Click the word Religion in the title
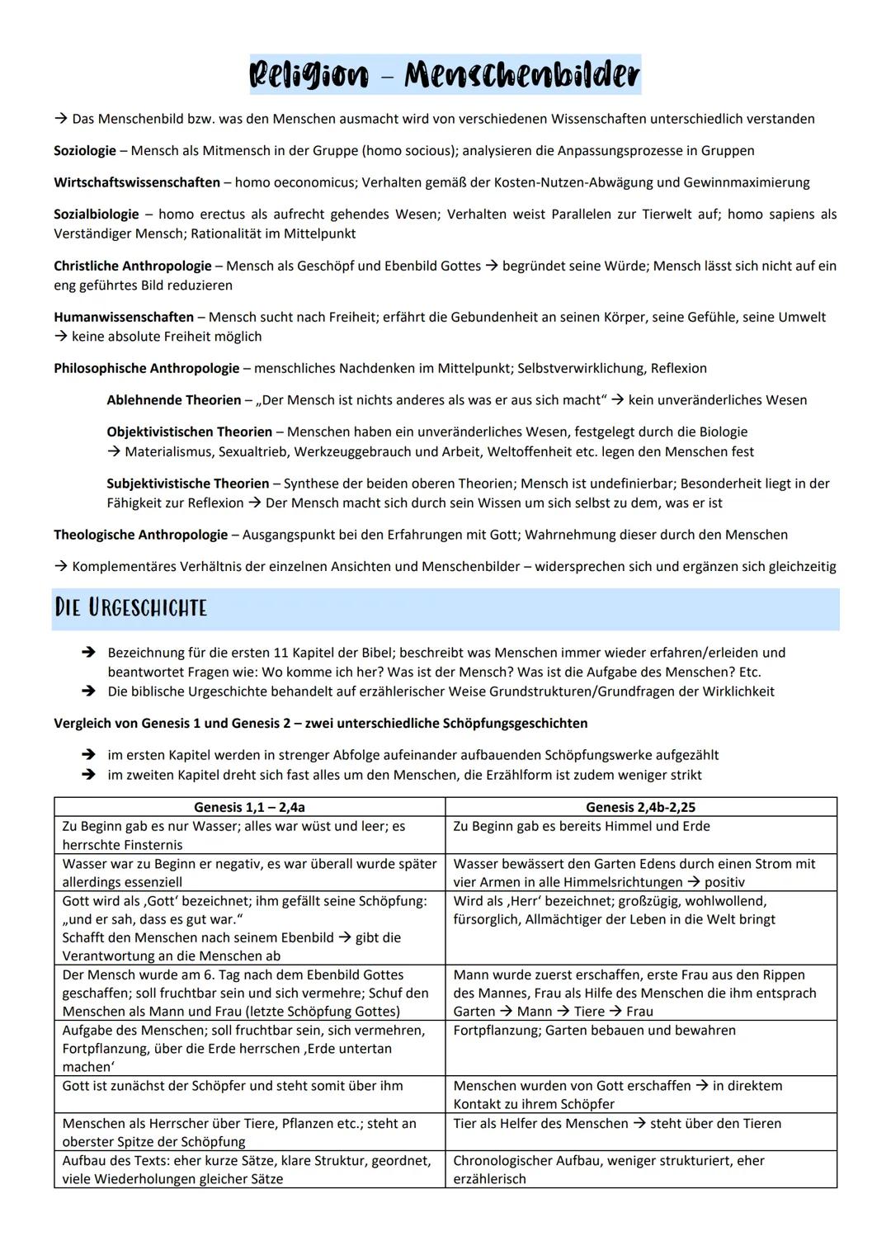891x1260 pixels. (x=309, y=76)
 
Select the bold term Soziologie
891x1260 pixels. (x=85, y=151)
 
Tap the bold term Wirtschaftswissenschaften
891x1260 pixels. (x=137, y=182)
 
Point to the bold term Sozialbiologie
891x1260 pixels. (x=96, y=215)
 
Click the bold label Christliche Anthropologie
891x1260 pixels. (x=133, y=266)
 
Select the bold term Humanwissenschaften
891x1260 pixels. (x=124, y=317)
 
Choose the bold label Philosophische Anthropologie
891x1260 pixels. (x=147, y=368)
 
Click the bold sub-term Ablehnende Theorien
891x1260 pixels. (x=174, y=400)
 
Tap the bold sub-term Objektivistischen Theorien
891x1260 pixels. (x=190, y=432)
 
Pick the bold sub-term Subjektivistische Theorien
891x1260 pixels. (x=188, y=484)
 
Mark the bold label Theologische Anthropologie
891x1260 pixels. (x=141, y=535)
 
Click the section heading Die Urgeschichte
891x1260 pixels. (x=130, y=608)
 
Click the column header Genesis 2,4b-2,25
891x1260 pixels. (x=640, y=807)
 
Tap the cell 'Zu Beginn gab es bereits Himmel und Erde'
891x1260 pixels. (x=582, y=826)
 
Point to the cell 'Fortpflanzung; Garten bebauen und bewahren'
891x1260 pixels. (x=594, y=1031)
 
